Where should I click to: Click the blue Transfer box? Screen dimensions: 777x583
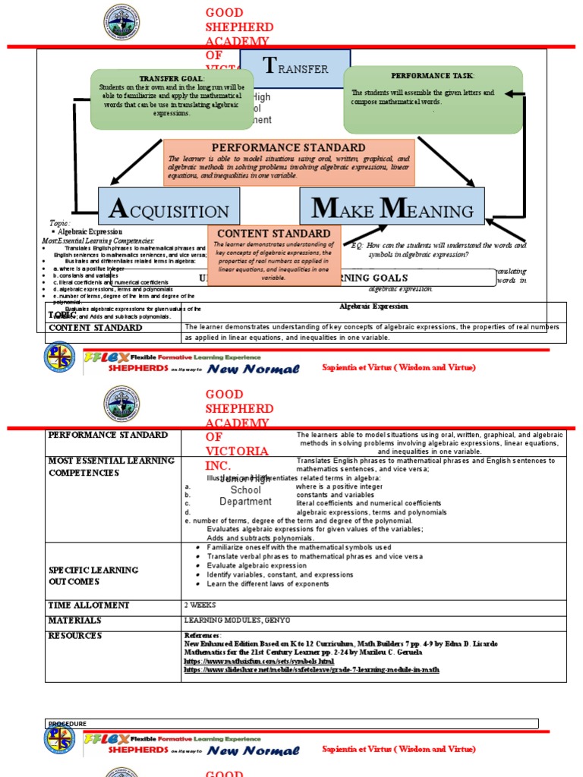tap(295, 68)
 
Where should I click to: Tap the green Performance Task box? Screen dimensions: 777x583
tap(433, 99)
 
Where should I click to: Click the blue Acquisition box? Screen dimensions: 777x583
tap(169, 206)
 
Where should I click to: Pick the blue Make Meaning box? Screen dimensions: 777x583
tap(392, 206)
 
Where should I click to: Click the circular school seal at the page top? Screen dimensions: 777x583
tap(121, 23)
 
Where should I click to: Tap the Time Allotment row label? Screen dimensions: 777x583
tap(89, 606)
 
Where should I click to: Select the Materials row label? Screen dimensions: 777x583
tap(77, 621)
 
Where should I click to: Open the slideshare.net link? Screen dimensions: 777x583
tap(311, 670)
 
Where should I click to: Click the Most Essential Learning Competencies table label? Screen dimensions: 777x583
tap(112, 467)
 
